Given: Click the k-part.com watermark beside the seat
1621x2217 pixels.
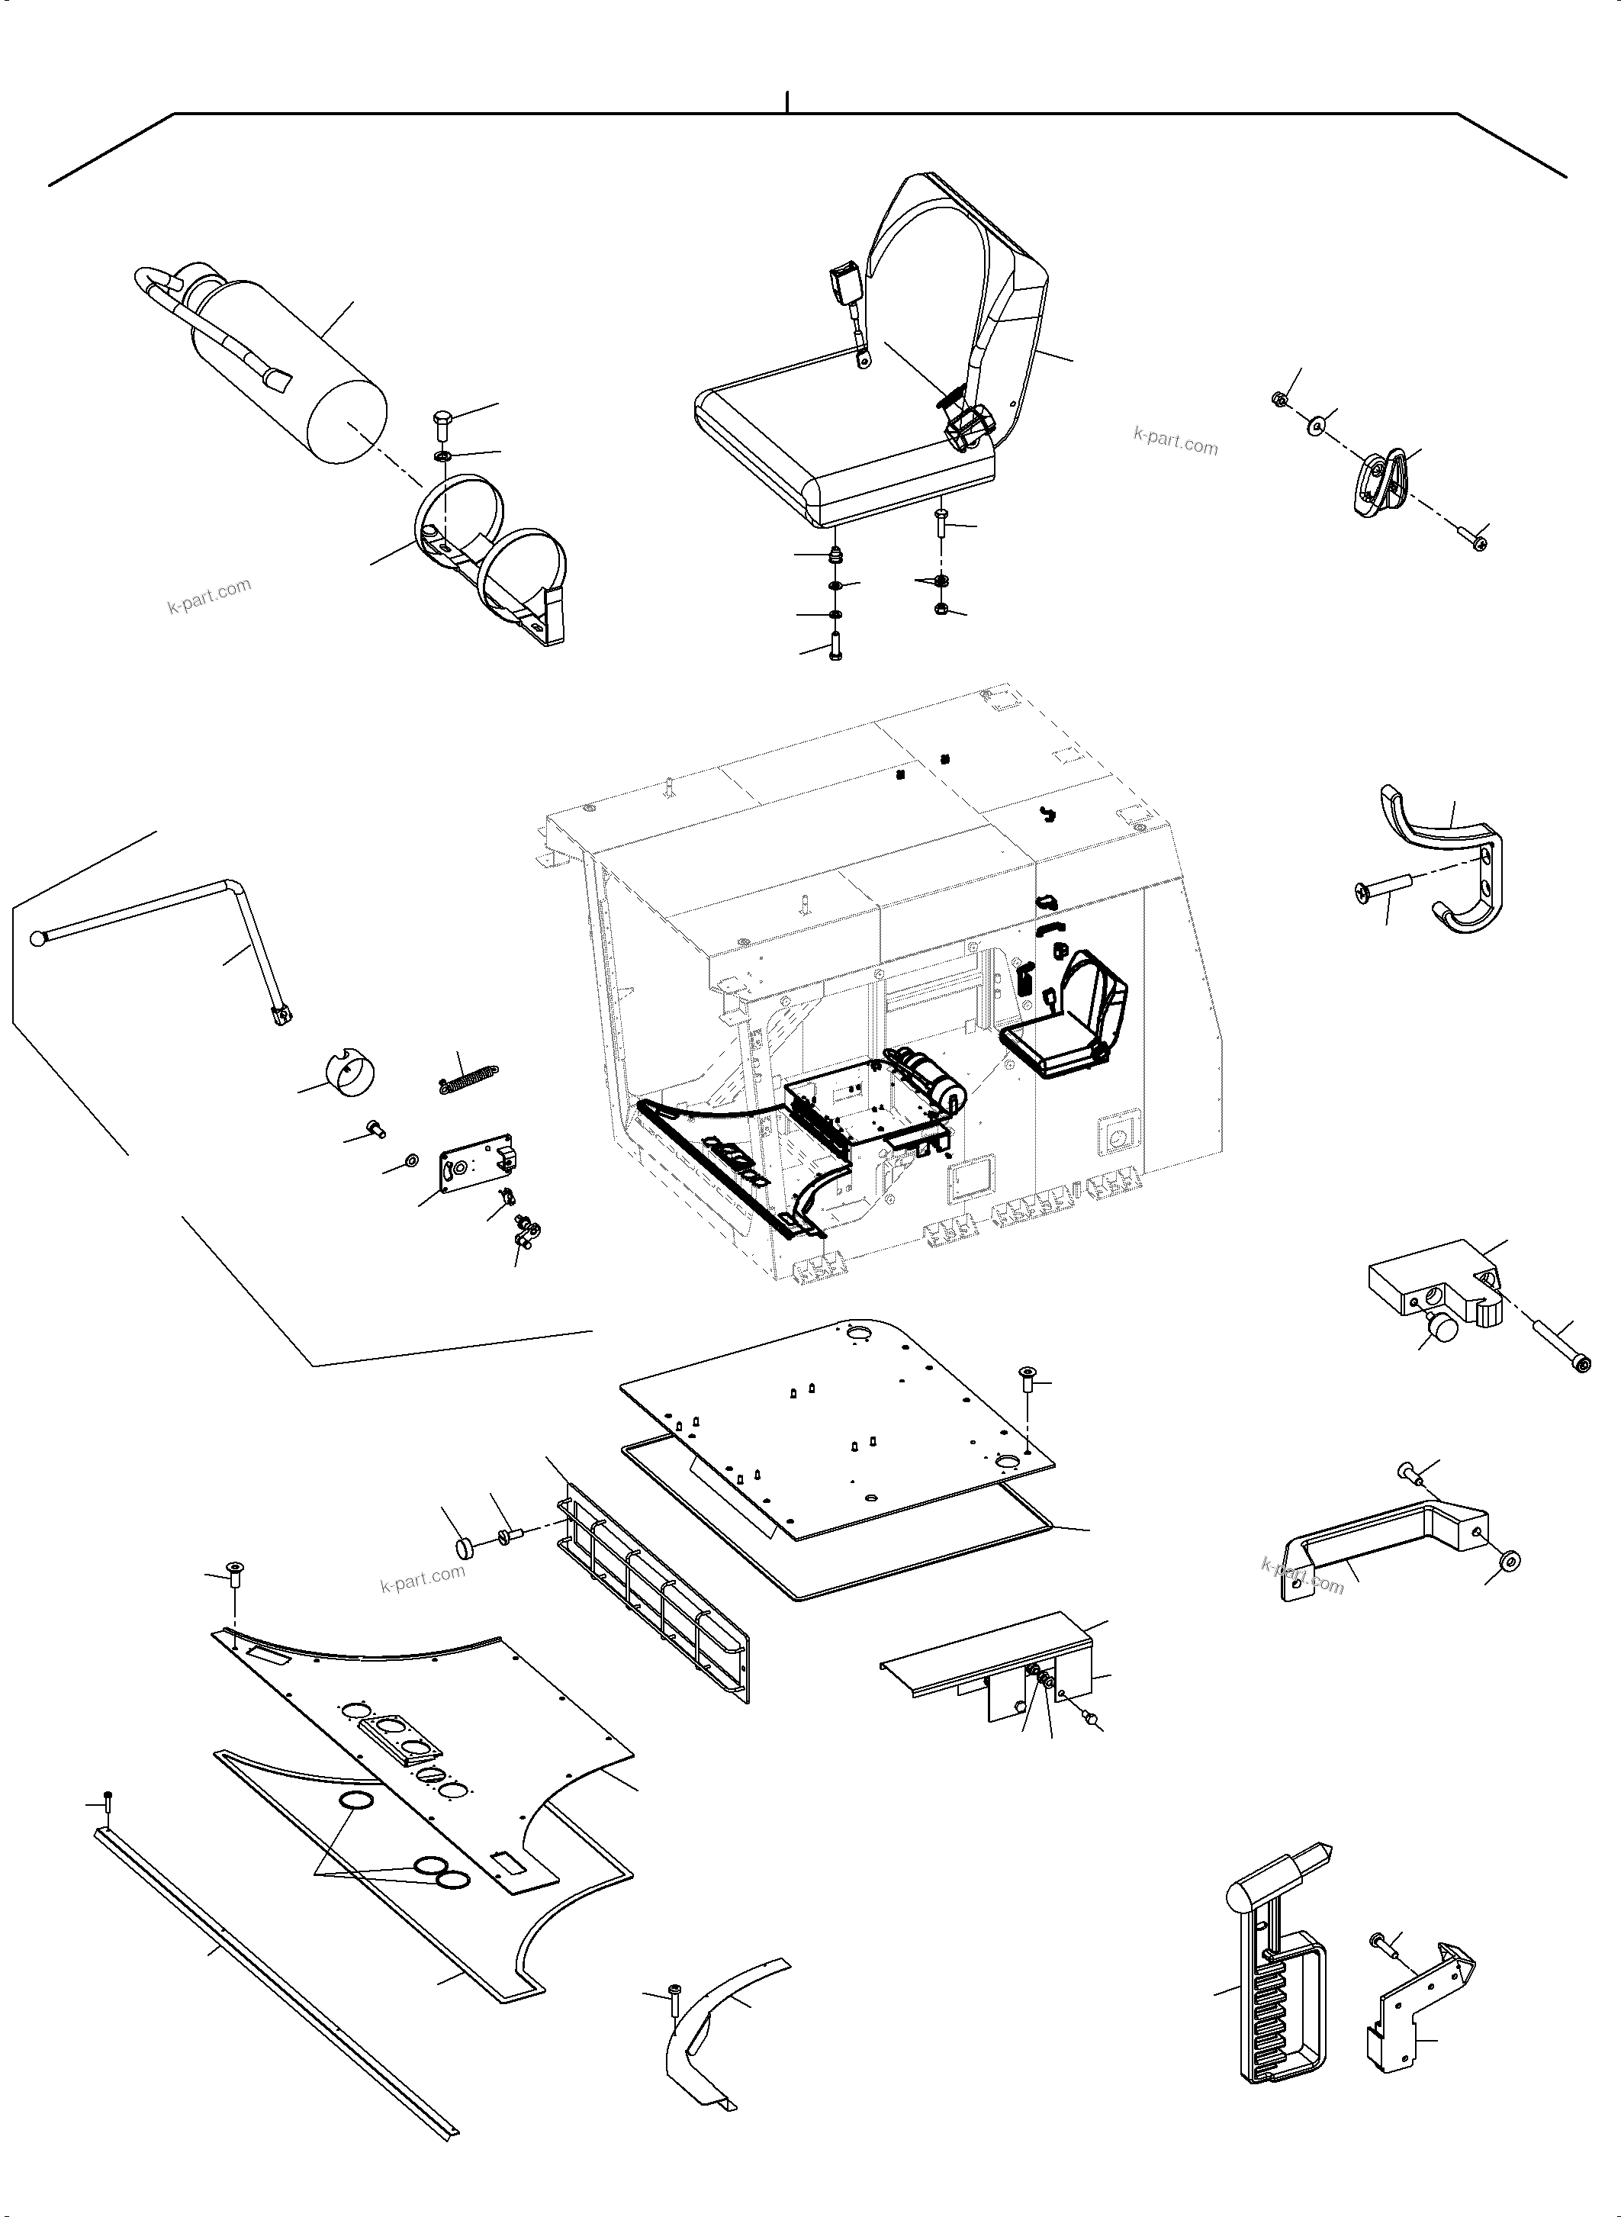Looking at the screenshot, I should (1175, 441).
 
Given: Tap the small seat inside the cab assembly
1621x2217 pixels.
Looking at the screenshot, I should (1069, 1021).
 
